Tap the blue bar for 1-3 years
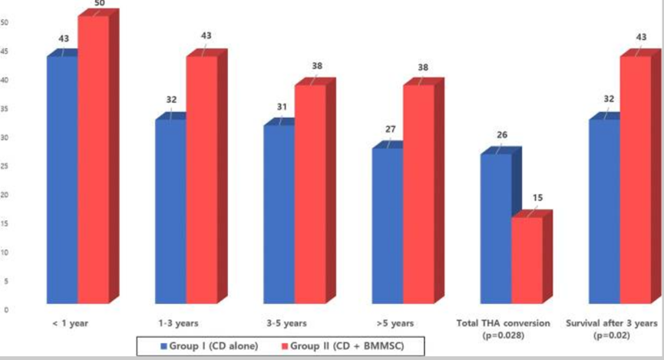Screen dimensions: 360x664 (x=170, y=210)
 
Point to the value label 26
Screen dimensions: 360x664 (x=503, y=135)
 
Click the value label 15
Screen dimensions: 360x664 (x=537, y=198)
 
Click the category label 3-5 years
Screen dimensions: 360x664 (x=285, y=323)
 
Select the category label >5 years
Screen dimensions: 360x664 (x=395, y=323)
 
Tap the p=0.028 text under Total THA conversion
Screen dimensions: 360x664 (x=504, y=335)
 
